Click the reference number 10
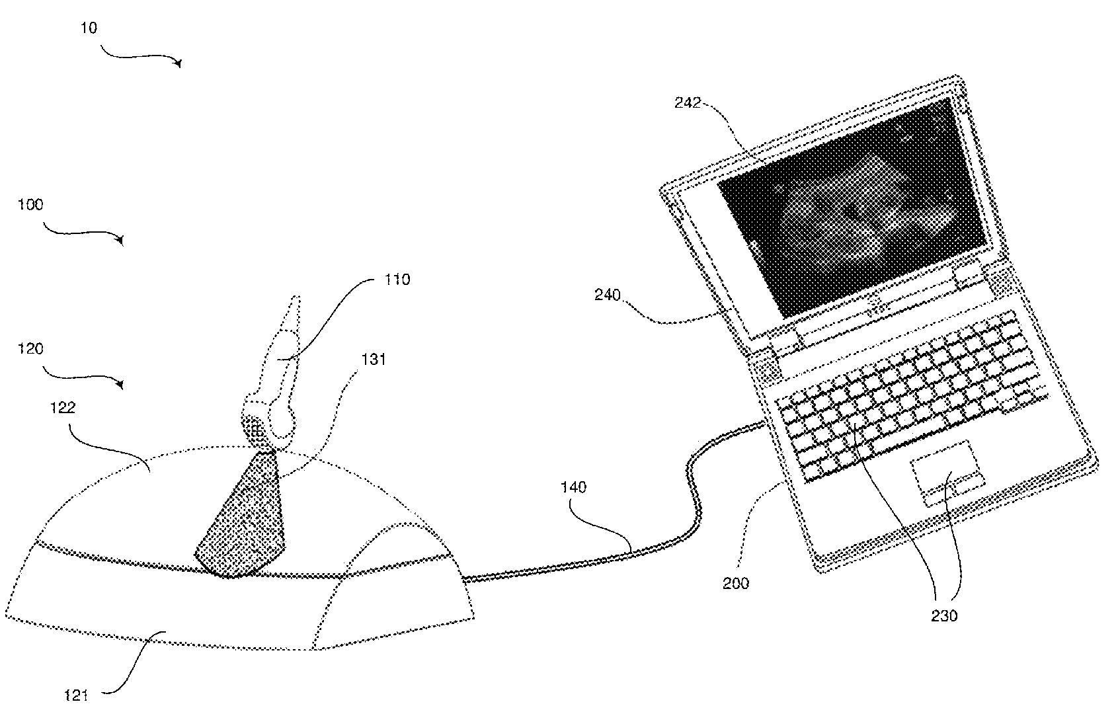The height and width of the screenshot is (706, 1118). click(x=89, y=28)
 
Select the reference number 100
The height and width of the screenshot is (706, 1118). click(x=30, y=205)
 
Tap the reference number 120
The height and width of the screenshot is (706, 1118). click(x=30, y=348)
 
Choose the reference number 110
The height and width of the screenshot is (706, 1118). click(x=397, y=280)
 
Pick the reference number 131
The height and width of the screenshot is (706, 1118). click(x=373, y=359)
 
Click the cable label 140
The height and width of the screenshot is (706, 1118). click(x=573, y=487)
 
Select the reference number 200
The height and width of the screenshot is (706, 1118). click(x=737, y=583)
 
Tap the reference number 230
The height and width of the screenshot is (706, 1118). click(x=944, y=615)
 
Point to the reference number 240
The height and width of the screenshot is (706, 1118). click(x=608, y=295)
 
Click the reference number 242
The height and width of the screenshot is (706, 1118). click(x=687, y=102)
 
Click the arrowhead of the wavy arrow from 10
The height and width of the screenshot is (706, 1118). click(x=179, y=63)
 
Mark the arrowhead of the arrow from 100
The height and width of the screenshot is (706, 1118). click(x=121, y=241)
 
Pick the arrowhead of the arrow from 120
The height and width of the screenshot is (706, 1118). click(x=121, y=384)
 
